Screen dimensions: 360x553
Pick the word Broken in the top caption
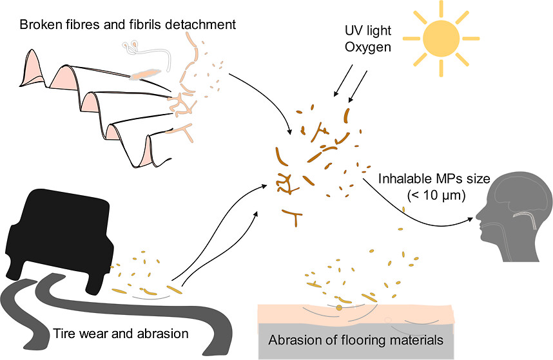pyautogui.click(x=39, y=25)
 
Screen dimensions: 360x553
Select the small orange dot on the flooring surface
pyautogui.click(x=339, y=308)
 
